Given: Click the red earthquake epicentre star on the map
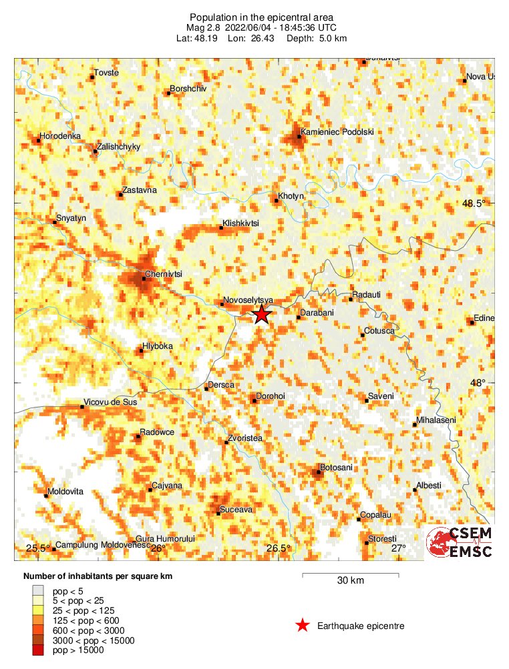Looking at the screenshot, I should click(x=261, y=315).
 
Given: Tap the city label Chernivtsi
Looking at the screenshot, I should click(x=164, y=274).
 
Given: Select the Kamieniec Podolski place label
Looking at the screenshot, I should click(x=337, y=132).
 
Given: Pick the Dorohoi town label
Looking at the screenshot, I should click(x=272, y=396).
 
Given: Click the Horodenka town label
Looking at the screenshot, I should click(x=60, y=136).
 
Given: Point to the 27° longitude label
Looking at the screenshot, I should click(x=398, y=548).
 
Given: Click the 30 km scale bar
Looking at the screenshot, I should click(x=350, y=574).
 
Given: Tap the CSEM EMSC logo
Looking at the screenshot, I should click(x=460, y=542).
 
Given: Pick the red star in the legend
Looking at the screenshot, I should click(x=303, y=626).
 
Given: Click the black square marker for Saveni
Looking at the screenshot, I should click(x=367, y=400).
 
